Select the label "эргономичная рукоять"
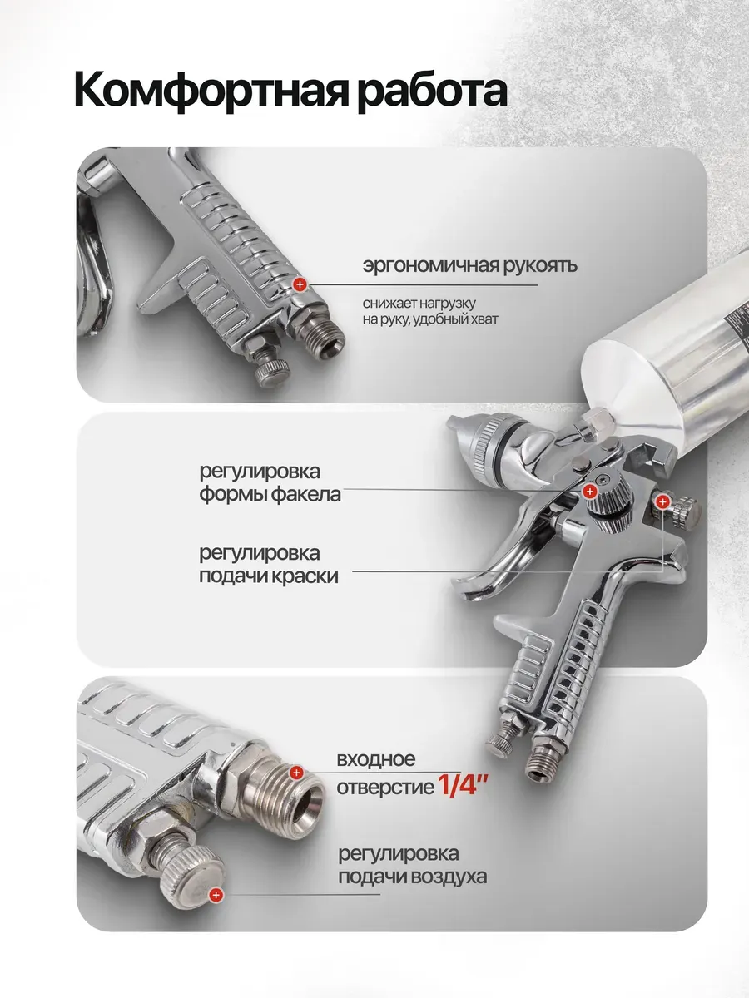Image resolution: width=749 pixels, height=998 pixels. (469, 266)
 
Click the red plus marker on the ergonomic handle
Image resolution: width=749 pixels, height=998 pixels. (300, 284)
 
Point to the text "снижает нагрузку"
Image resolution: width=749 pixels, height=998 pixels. (419, 303)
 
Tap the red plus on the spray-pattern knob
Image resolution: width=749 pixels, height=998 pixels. (590, 491)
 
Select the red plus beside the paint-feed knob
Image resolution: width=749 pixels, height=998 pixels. (662, 502)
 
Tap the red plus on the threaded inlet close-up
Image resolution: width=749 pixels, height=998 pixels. (296, 772)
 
